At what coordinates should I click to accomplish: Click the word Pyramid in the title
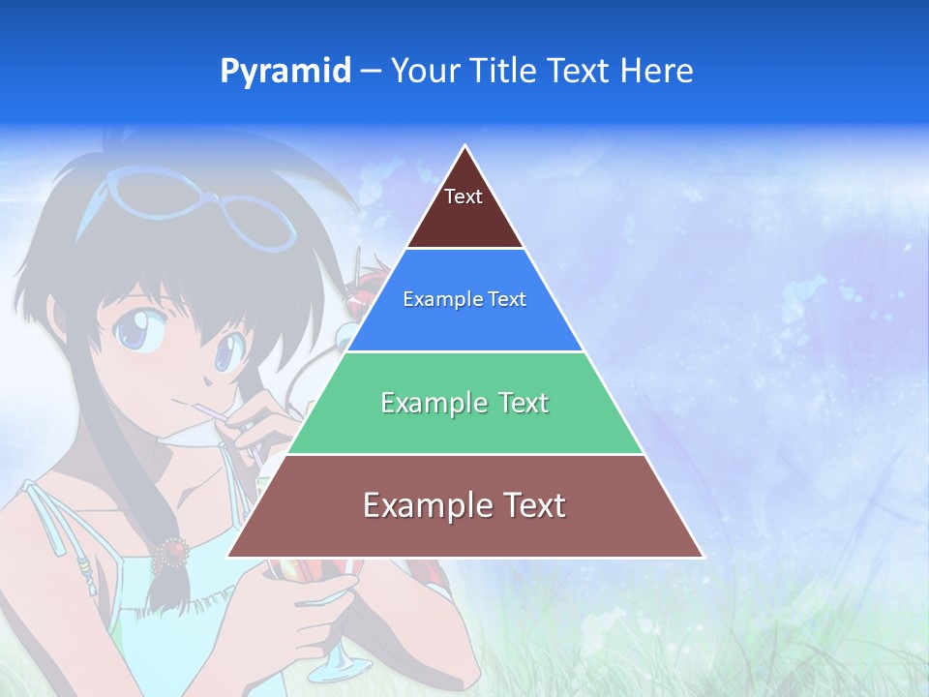285,72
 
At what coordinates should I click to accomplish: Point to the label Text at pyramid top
464,197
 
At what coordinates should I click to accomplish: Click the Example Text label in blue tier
464,299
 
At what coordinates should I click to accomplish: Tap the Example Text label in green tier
464,403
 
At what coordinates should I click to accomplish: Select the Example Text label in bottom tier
464,505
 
